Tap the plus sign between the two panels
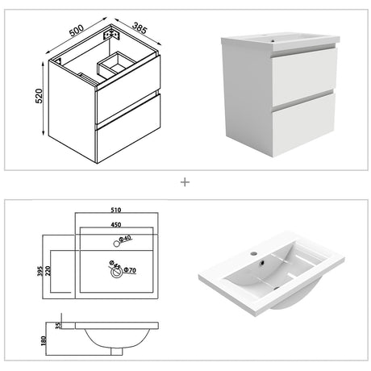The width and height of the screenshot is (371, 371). pos(185,182)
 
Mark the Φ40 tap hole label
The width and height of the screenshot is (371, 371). pos(125,240)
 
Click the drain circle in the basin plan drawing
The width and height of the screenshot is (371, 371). pos(114,272)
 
